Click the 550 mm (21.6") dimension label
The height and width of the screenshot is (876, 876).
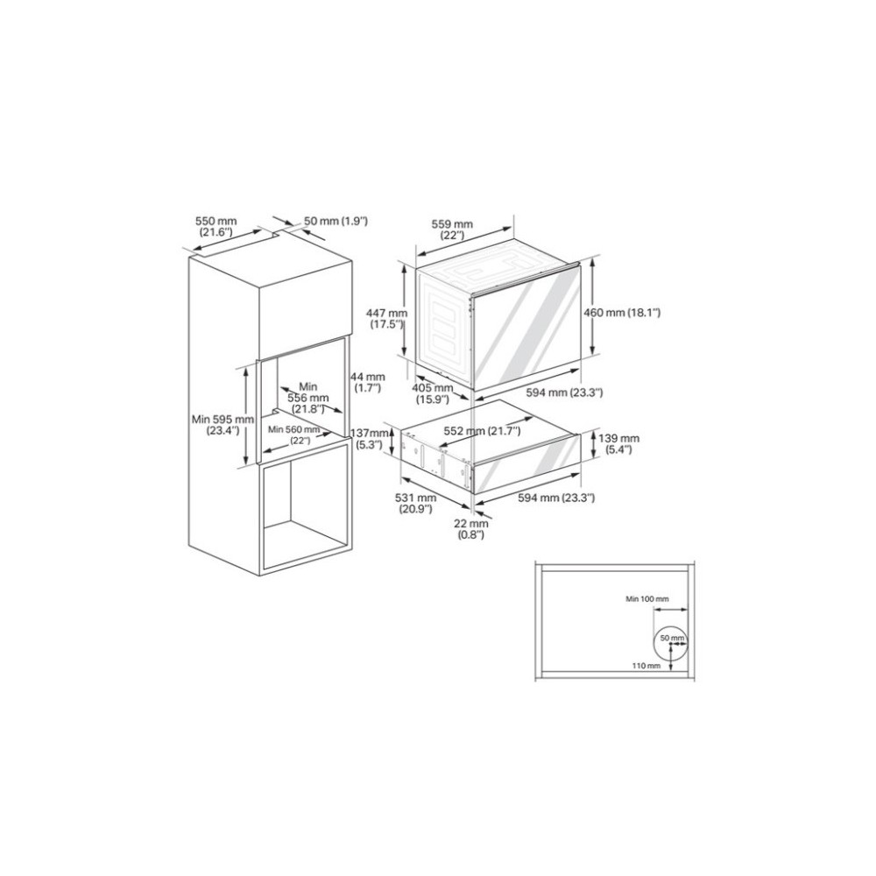[x=215, y=227]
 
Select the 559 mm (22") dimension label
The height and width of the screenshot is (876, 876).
[x=452, y=230]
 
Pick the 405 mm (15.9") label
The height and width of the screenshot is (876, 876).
[x=432, y=393]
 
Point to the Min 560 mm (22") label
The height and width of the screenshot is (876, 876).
[x=295, y=434]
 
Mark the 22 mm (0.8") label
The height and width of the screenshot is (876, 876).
[x=472, y=529]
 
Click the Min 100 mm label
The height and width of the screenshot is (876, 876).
[x=646, y=599]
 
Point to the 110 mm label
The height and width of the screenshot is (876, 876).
[x=646, y=666]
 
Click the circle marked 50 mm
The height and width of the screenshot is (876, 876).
[x=670, y=641]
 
